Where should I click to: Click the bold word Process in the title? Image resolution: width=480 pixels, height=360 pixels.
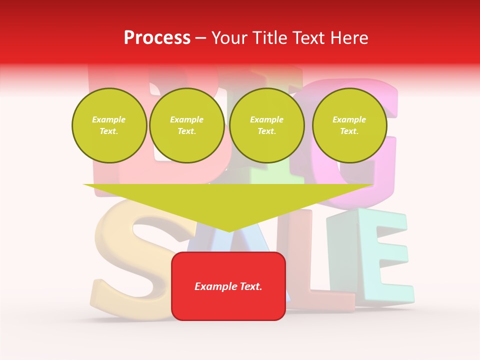pyautogui.click(x=157, y=38)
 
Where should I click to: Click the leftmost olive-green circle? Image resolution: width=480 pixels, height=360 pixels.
pyautogui.click(x=109, y=125)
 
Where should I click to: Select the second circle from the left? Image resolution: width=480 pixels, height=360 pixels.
pyautogui.click(x=186, y=125)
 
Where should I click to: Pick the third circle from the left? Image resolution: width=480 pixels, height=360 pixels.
pyautogui.click(x=267, y=125)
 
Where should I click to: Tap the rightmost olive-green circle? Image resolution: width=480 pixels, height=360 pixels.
pyautogui.click(x=349, y=125)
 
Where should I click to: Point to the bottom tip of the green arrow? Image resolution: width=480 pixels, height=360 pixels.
pyautogui.click(x=228, y=230)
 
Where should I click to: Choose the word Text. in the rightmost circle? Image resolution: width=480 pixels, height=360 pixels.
pyautogui.click(x=349, y=131)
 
